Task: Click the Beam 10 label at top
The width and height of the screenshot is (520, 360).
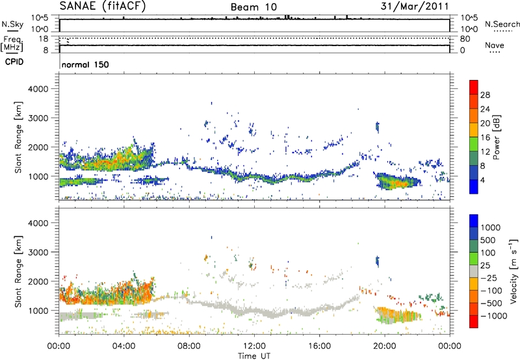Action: pos(254,6)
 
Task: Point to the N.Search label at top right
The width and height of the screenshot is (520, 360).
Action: pos(498,23)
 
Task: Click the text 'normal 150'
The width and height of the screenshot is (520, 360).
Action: pos(85,64)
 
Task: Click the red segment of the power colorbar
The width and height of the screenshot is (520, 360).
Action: pos(475,87)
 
